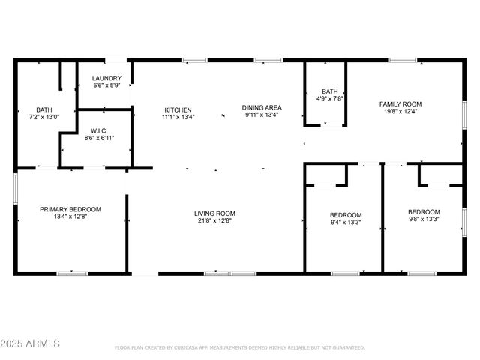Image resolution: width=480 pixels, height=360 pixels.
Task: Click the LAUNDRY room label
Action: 106,79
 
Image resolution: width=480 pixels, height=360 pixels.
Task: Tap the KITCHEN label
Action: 178,109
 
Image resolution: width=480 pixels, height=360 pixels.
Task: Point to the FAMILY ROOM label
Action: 400,104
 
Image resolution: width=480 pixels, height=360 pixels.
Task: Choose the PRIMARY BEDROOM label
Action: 70,209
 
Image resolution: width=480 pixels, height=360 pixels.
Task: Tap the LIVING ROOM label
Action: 214,213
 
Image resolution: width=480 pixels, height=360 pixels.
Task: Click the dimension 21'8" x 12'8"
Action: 214,221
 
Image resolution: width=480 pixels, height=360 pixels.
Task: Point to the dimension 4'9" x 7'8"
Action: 329,98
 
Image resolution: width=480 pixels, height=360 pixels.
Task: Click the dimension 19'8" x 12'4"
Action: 400,112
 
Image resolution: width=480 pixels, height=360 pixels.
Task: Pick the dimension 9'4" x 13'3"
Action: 346,222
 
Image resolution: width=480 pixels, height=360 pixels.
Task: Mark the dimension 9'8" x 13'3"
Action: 424,220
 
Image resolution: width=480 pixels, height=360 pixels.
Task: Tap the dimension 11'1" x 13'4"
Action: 178,117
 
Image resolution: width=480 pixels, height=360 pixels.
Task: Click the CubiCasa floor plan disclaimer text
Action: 239,347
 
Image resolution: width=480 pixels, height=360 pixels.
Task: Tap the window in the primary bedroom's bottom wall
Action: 73,273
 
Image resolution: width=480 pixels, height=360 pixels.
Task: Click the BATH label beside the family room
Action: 329,90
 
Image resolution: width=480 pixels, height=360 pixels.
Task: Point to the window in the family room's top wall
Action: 402,60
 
